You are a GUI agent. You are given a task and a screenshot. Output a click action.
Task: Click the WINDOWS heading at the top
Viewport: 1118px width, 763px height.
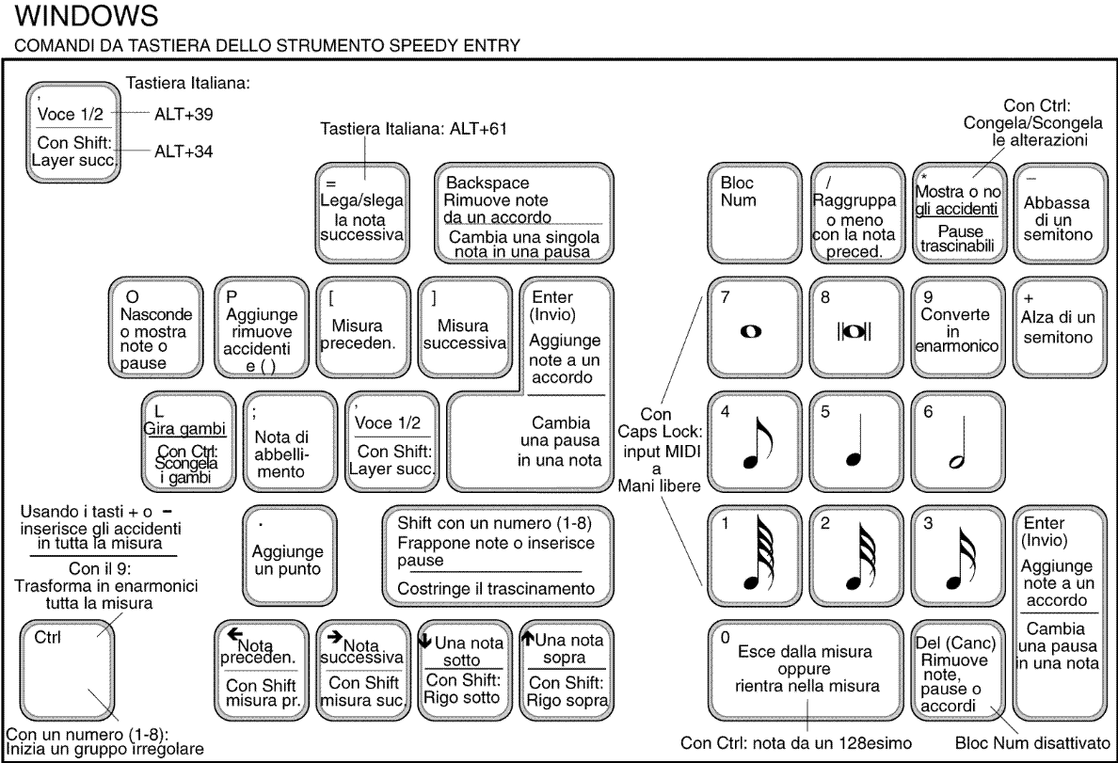[87, 16]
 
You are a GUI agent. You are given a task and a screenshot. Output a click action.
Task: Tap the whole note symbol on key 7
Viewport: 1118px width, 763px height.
[751, 331]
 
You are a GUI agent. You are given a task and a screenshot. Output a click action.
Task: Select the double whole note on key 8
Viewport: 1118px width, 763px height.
[854, 331]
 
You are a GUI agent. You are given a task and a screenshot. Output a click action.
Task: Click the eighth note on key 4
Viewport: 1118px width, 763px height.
[759, 442]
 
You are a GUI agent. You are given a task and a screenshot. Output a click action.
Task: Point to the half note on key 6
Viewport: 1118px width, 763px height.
[959, 442]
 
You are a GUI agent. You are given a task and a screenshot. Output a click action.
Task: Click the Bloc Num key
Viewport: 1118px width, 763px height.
[755, 213]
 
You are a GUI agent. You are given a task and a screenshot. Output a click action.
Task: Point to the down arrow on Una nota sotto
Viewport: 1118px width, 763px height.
[425, 641]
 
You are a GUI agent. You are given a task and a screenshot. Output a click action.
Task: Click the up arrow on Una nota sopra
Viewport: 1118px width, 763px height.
[528, 637]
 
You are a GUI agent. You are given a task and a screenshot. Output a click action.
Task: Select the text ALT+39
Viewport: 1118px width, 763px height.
[184, 114]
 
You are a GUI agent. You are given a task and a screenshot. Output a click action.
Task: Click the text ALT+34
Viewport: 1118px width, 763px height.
[184, 151]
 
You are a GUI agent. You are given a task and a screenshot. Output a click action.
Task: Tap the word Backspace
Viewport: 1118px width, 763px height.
[487, 183]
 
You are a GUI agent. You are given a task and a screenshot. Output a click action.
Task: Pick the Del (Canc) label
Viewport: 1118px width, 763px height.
[955, 644]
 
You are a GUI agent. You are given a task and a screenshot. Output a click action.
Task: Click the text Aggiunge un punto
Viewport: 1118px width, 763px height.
[287, 560]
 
